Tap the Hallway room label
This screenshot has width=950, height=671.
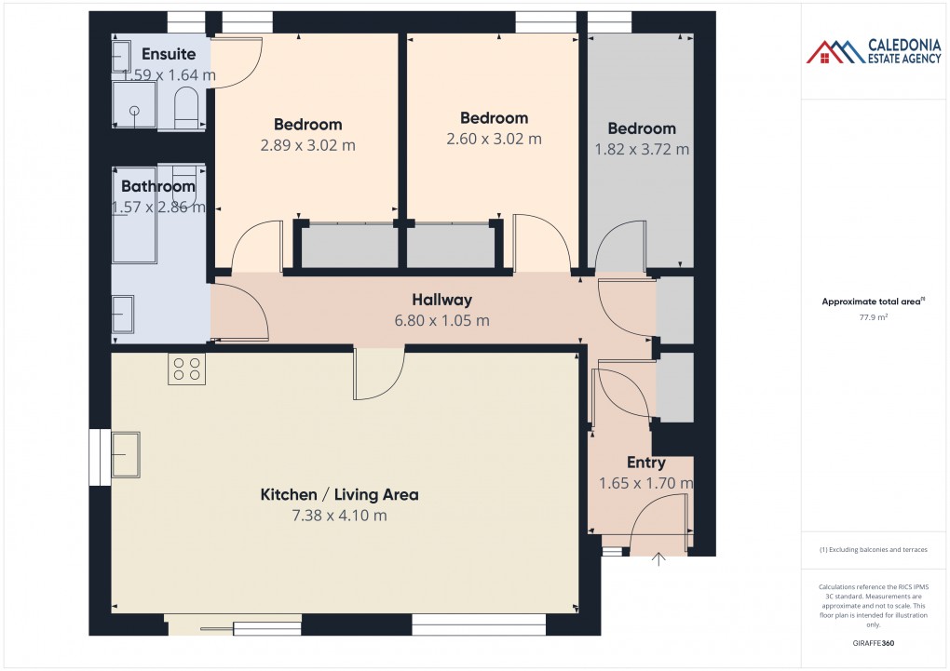click(441, 300)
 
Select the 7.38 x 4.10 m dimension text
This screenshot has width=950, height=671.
click(338, 516)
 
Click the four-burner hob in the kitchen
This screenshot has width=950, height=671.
click(186, 369)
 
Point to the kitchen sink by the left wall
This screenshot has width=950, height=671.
click(125, 454)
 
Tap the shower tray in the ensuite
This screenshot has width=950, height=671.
click(134, 104)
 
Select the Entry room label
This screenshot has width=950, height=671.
click(645, 463)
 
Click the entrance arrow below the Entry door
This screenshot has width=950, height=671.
click(659, 559)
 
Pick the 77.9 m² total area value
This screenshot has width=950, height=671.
click(872, 317)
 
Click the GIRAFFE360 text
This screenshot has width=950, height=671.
click(873, 643)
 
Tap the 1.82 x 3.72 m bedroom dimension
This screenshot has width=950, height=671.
click(642, 149)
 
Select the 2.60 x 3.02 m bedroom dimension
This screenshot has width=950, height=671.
click(494, 140)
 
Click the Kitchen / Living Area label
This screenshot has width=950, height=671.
click(339, 494)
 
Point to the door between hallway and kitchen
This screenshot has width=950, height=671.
click(378, 372)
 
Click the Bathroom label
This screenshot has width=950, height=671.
click(158, 186)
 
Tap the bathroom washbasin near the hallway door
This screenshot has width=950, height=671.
click(123, 315)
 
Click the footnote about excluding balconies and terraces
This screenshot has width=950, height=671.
click(873, 550)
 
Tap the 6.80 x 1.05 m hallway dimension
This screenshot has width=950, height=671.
click(442, 321)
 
